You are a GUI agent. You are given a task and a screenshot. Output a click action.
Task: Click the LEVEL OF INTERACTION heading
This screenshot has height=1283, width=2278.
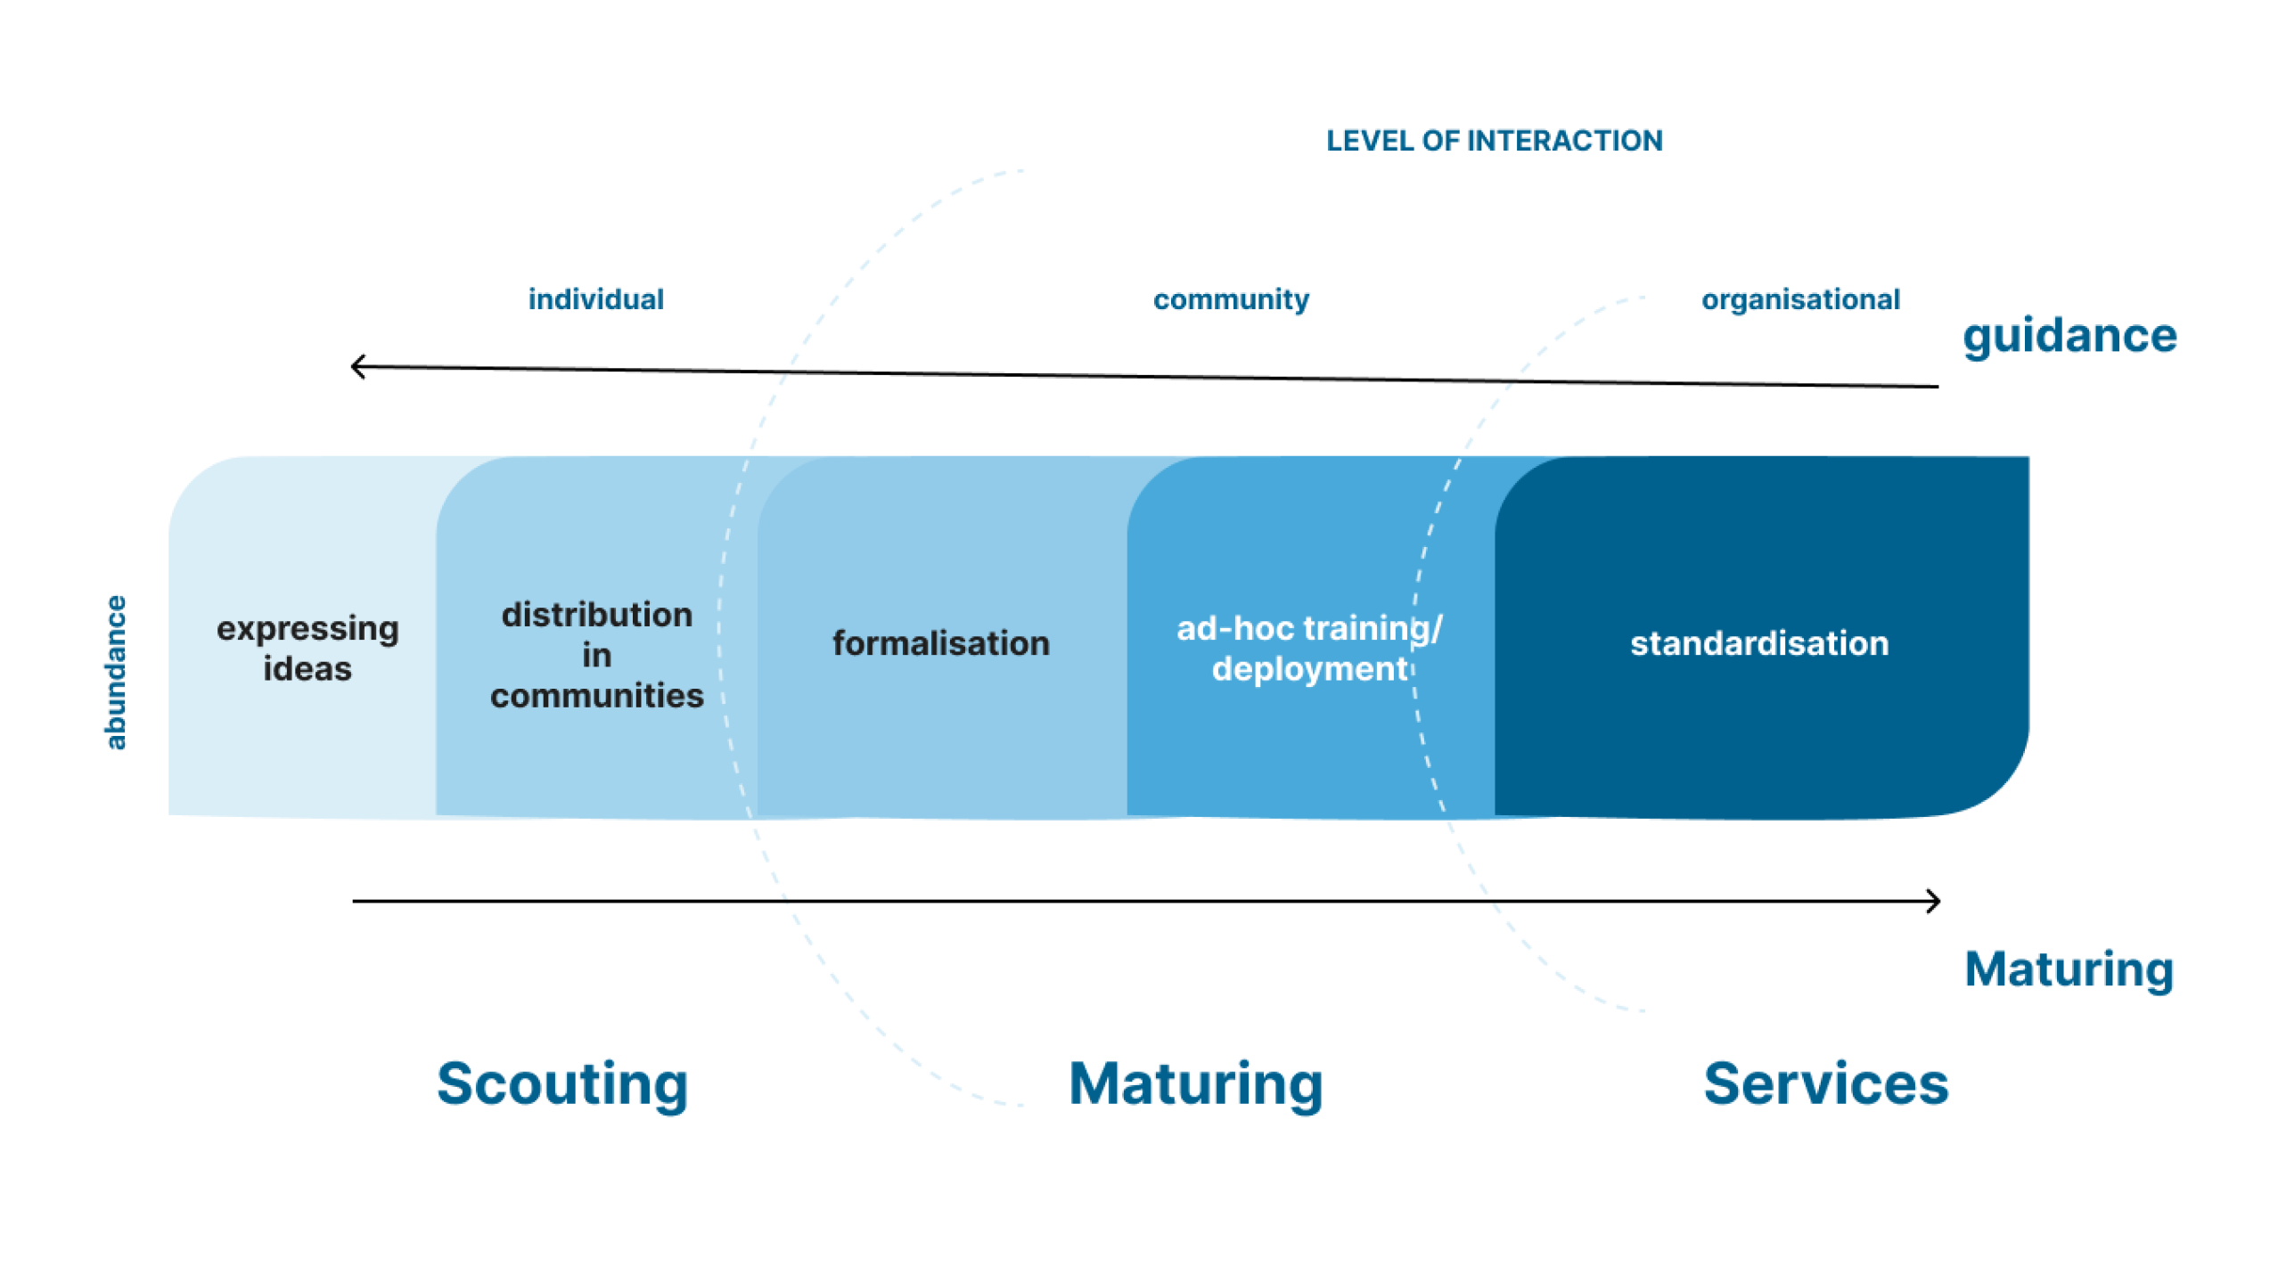click(1493, 141)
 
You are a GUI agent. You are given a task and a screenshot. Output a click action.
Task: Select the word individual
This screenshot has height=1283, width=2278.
click(595, 299)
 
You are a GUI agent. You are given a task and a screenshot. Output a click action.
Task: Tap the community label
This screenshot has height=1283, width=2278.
click(1230, 299)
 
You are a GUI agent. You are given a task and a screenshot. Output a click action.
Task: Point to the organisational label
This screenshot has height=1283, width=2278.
click(1799, 299)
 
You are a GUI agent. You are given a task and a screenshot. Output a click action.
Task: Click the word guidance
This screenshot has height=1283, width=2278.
click(2069, 336)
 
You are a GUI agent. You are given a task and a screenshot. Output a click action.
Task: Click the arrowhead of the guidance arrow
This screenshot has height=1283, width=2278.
click(356, 365)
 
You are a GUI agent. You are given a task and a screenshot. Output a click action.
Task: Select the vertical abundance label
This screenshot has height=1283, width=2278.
click(116, 672)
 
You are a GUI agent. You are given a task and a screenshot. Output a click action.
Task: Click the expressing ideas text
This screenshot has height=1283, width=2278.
click(307, 648)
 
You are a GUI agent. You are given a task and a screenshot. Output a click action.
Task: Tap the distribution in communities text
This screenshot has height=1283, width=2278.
click(596, 655)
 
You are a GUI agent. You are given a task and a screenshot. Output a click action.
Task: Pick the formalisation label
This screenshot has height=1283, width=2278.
click(940, 643)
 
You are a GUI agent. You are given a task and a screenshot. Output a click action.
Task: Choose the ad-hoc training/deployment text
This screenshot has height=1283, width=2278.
click(1308, 648)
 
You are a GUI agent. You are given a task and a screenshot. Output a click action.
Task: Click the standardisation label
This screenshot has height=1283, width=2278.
click(1758, 643)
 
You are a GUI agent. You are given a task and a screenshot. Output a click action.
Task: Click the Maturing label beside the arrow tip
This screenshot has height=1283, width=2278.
click(2068, 969)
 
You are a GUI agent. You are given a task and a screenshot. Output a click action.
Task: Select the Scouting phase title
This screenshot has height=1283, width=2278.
click(562, 1083)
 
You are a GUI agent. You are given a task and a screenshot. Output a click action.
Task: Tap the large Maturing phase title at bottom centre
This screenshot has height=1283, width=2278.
click(1195, 1083)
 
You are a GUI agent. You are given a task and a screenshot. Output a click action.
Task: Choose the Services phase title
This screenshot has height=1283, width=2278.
click(1825, 1083)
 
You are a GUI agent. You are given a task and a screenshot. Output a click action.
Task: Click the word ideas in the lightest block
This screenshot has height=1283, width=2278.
click(307, 668)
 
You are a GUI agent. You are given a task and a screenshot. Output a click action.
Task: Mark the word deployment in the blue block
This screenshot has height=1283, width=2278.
click(1308, 668)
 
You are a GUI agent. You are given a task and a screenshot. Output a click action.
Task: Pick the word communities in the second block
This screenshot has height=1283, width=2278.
click(596, 696)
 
